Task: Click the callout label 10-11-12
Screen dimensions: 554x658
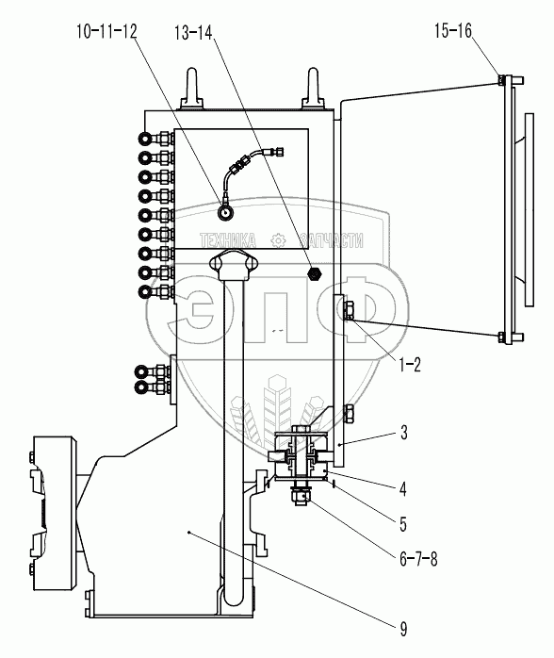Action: tap(106, 31)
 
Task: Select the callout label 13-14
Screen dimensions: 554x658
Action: tap(194, 32)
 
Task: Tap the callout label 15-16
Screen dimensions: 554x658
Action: tap(453, 30)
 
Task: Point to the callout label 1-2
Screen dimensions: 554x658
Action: tap(409, 365)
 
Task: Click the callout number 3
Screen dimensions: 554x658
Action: tap(403, 433)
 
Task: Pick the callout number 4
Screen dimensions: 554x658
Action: tap(403, 489)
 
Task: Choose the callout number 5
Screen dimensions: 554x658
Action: tap(403, 524)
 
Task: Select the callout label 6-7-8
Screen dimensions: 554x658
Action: tap(418, 559)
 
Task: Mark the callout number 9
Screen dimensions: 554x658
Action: tap(403, 630)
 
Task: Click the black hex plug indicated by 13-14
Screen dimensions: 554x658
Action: tap(315, 273)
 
